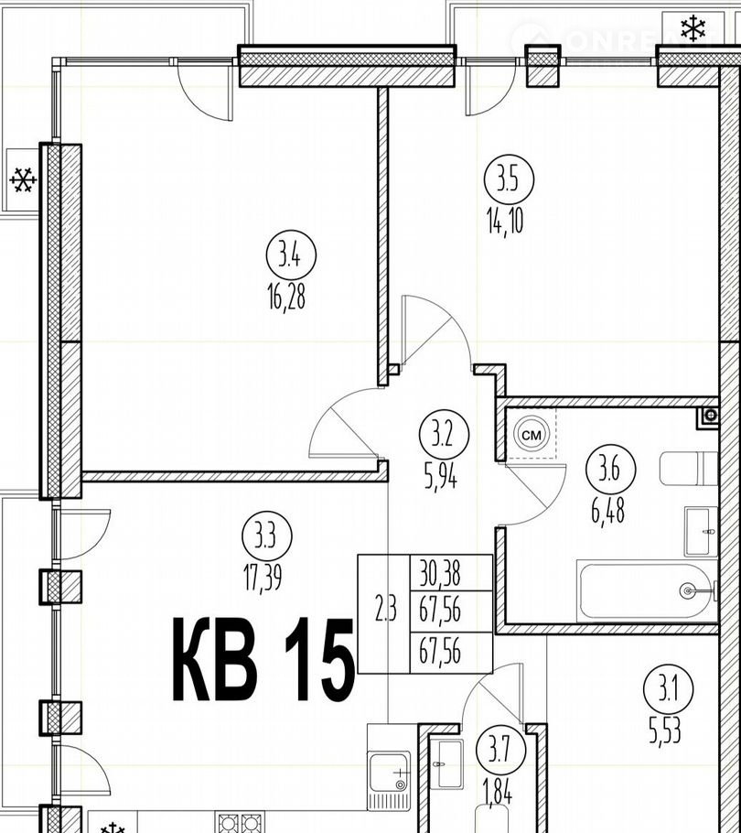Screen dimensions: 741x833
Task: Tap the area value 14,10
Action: tap(505, 220)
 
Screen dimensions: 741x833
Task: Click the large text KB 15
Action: tap(263, 659)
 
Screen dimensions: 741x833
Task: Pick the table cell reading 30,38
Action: tap(440, 573)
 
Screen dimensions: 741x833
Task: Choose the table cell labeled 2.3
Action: tap(385, 613)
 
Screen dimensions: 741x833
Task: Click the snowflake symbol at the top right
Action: tap(693, 28)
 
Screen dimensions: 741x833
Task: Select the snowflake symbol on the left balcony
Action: tap(24, 180)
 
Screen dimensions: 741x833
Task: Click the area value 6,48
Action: tap(607, 511)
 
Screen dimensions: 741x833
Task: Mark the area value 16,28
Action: tap(286, 297)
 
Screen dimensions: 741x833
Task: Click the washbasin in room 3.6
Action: tap(701, 531)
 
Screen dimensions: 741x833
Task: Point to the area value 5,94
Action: tap(440, 478)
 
